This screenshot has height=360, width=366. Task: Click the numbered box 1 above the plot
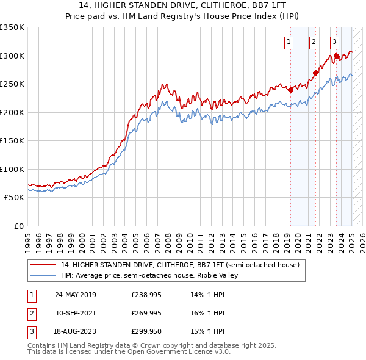(x=288, y=42)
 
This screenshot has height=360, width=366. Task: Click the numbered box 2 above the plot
(x=314, y=42)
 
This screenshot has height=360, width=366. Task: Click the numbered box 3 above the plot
(x=335, y=42)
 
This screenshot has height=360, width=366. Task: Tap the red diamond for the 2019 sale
(x=290, y=90)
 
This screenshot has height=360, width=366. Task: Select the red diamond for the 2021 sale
(x=315, y=73)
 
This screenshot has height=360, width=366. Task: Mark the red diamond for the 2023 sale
(x=337, y=56)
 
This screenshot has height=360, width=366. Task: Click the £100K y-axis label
(x=12, y=169)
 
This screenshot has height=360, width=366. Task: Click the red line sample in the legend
(x=43, y=265)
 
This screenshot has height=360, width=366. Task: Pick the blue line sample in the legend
(x=43, y=275)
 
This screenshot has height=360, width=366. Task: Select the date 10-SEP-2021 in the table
(x=76, y=313)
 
